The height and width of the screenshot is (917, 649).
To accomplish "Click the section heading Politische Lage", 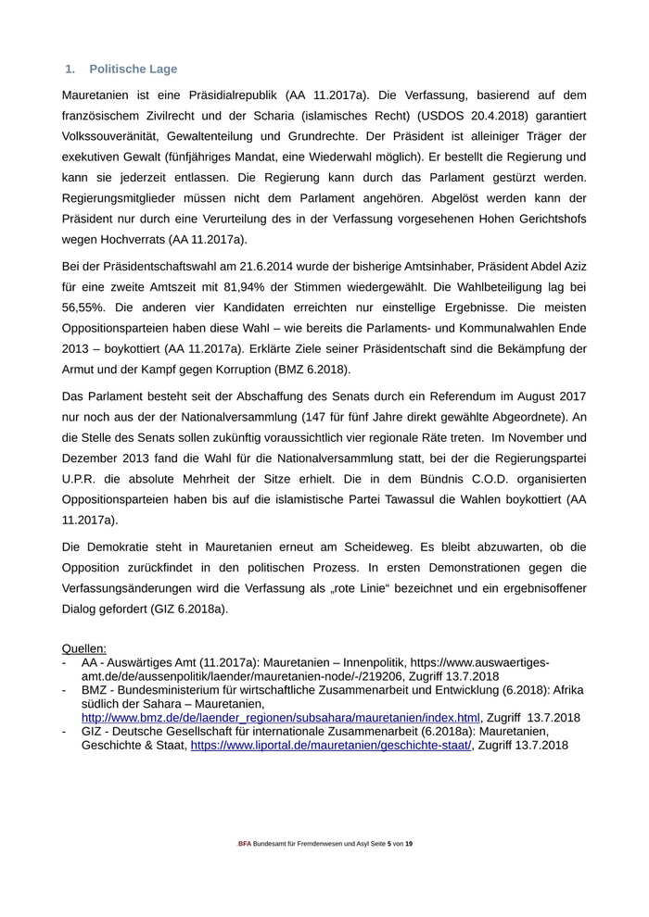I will pos(133,69).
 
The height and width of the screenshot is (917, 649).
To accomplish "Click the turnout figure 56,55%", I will pos(84,307).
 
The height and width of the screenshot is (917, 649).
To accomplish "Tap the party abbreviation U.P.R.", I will pos(83,479).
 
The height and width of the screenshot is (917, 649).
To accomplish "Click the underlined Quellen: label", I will pos(83,649).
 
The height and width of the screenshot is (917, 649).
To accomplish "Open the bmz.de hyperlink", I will pos(281,717).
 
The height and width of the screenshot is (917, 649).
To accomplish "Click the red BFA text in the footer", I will pos(245,844).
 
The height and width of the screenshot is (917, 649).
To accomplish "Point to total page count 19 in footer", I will pos(409,844).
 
